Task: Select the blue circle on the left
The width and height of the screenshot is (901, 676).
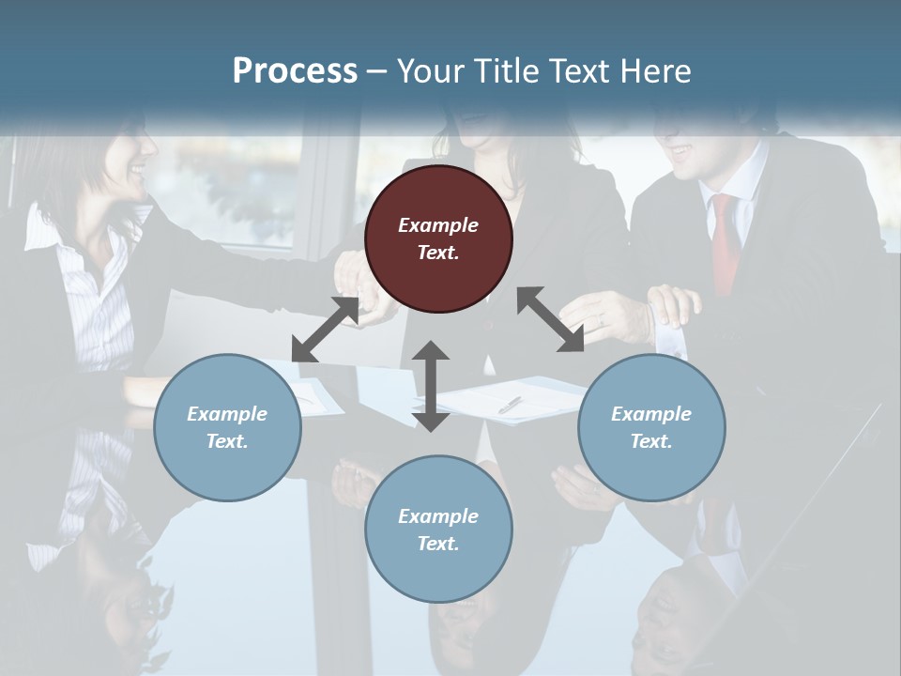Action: [227, 427]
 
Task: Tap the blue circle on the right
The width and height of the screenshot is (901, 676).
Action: [651, 427]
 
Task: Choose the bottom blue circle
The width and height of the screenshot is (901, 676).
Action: [438, 530]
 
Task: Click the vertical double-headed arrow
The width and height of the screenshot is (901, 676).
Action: [431, 386]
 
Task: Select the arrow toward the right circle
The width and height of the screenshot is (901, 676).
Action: [550, 319]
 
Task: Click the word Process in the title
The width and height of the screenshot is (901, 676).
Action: [295, 70]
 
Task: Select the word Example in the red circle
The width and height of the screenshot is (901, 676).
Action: [438, 225]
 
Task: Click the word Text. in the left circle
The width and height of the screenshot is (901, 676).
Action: [227, 441]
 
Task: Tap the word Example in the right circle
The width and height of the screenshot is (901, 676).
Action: [651, 414]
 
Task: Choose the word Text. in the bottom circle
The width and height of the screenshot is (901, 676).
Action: [438, 544]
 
